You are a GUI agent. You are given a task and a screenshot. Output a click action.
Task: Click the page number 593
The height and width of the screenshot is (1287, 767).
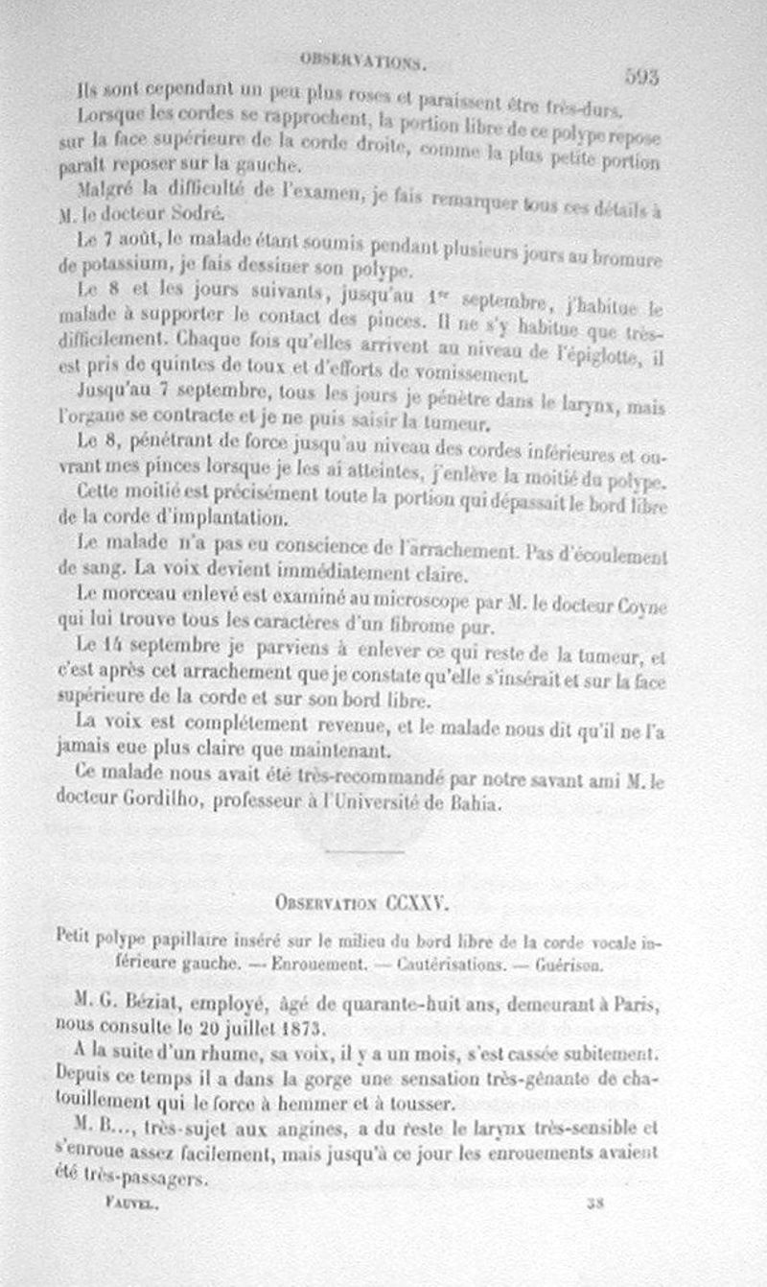point(640,78)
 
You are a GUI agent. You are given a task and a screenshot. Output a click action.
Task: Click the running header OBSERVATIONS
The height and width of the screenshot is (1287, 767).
point(362,59)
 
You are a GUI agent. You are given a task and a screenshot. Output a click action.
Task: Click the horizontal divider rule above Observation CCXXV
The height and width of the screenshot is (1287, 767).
point(363,851)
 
